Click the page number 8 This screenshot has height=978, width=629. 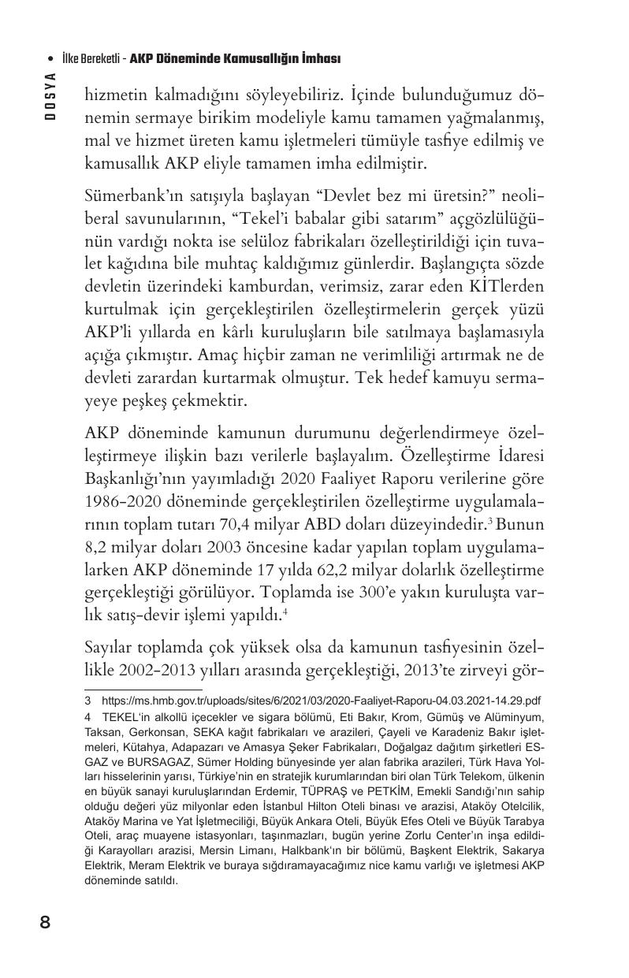tap(45, 921)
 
